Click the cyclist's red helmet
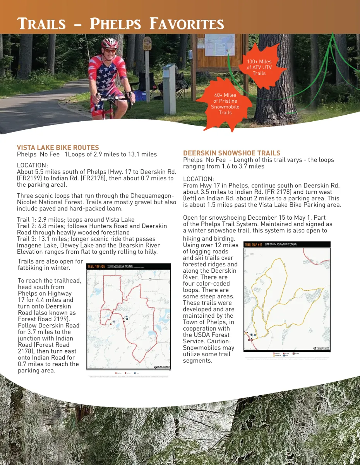[x=110, y=43]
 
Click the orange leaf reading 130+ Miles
[x=259, y=67]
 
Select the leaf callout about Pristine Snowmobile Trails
[x=225, y=103]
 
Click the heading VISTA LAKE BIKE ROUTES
[x=58, y=148]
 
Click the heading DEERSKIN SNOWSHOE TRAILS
[x=231, y=153]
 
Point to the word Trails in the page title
[x=42, y=24]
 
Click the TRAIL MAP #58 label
[x=96, y=266]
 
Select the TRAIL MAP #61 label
[x=254, y=245]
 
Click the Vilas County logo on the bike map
[x=162, y=367]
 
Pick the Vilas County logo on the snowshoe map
[x=321, y=348]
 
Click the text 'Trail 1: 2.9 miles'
[x=42, y=220]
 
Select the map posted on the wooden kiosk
[x=219, y=45]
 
